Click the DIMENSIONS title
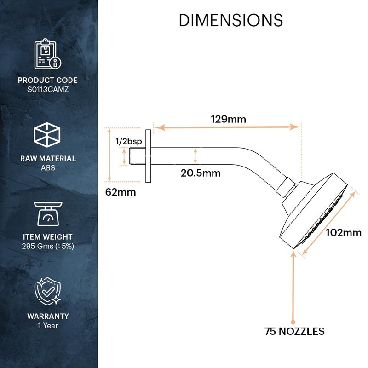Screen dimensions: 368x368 click(x=231, y=20)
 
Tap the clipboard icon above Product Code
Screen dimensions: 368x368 click(x=48, y=54)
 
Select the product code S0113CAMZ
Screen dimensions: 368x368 click(x=48, y=89)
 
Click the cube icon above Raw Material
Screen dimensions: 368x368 click(x=47, y=135)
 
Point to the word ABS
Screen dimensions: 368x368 click(x=48, y=168)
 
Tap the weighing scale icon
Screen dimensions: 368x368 click(x=48, y=214)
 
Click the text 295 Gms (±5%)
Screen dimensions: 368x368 click(x=48, y=246)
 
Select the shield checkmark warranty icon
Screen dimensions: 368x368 click(x=48, y=291)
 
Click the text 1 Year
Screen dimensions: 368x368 click(x=48, y=326)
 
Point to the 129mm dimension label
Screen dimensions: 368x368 click(x=228, y=119)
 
